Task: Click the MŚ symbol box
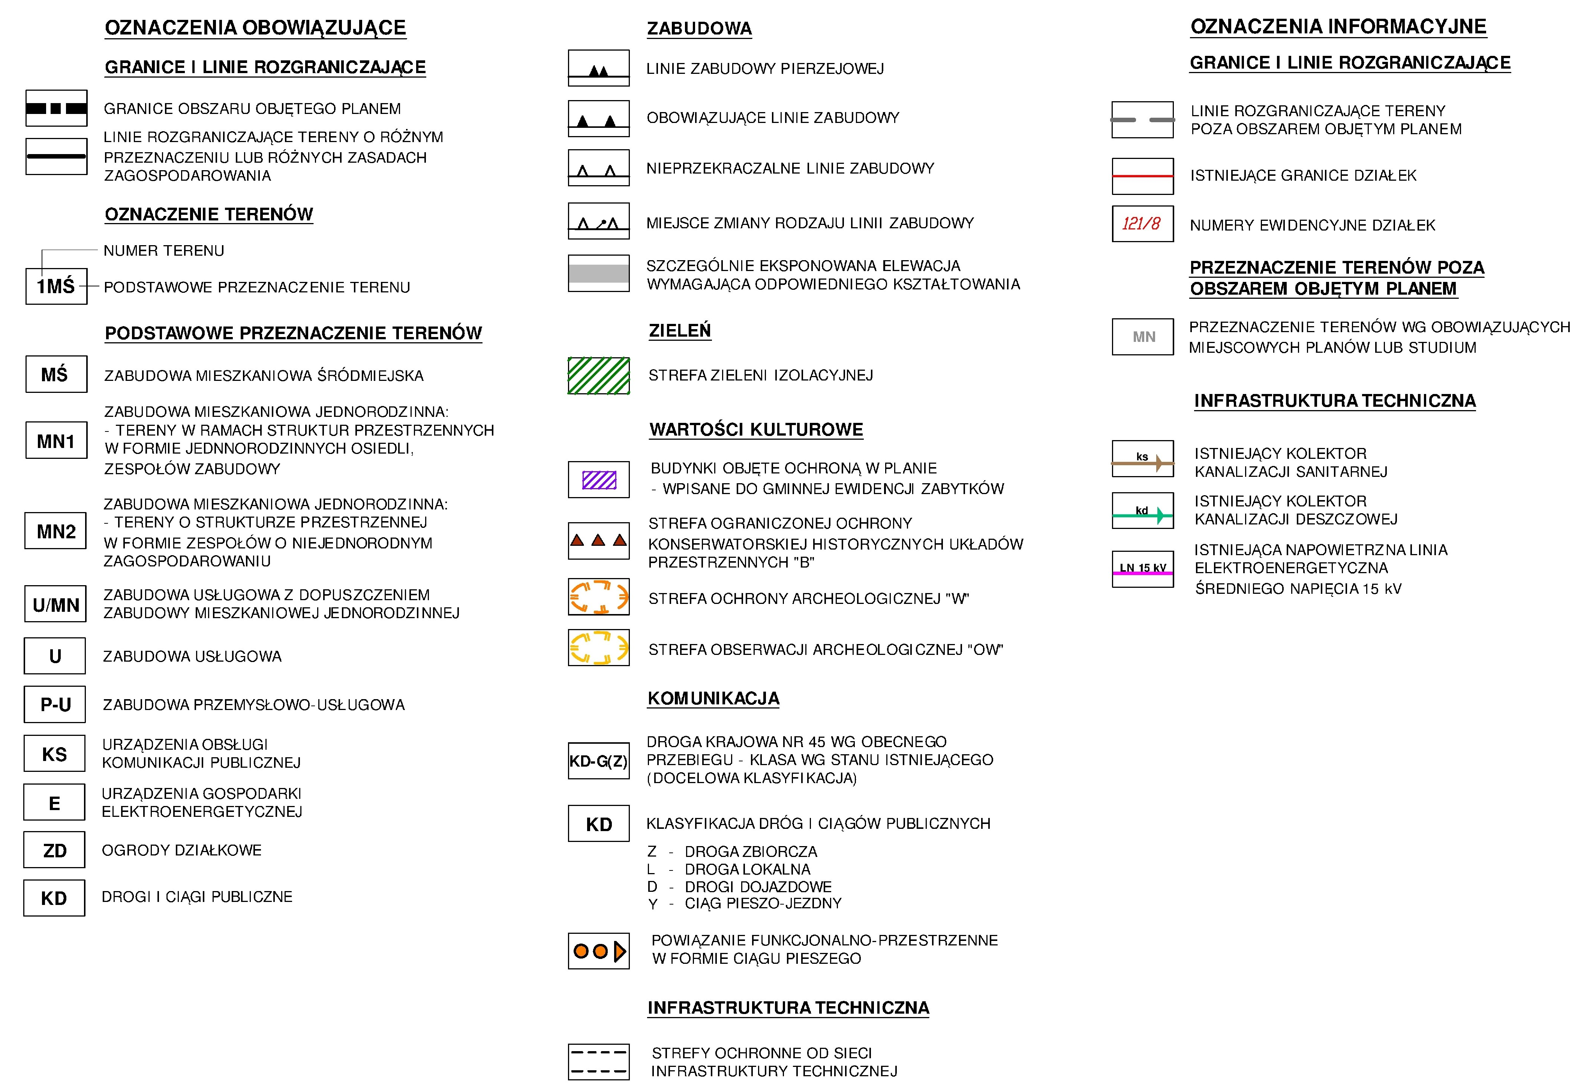click(56, 374)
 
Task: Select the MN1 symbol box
click(56, 440)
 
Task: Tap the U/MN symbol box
click(55, 604)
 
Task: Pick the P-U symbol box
click(55, 704)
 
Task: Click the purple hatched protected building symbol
click(599, 479)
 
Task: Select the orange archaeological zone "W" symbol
click(599, 597)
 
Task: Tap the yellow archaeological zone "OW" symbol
click(599, 647)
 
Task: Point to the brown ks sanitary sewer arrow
click(1142, 463)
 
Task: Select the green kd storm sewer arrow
click(1142, 515)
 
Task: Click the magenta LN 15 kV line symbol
click(1142, 572)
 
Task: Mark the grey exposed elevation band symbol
click(599, 274)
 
